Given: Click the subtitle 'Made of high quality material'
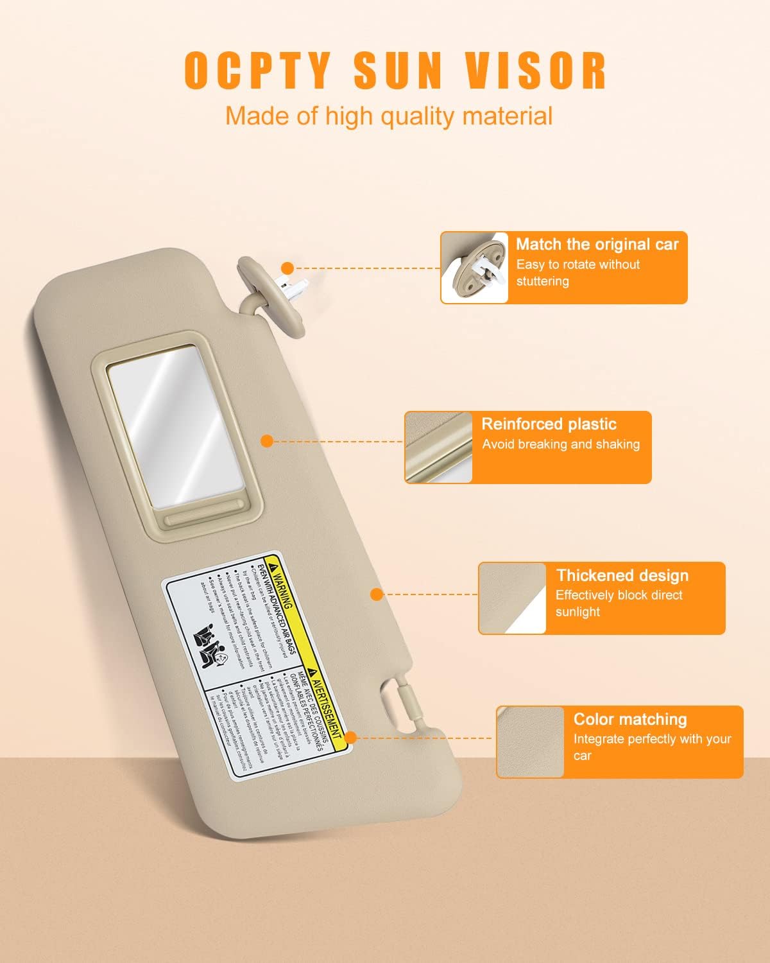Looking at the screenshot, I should pyautogui.click(x=388, y=116).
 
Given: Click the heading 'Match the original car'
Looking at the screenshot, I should pyautogui.click(x=597, y=245).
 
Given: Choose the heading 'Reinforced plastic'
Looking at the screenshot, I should pyautogui.click(x=549, y=424).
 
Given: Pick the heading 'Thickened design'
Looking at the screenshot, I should pyautogui.click(x=622, y=575).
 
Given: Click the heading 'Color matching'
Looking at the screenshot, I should pyautogui.click(x=630, y=719).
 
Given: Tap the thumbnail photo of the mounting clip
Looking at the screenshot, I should pyautogui.click(x=475, y=267).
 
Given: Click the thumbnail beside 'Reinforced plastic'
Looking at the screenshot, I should pyautogui.click(x=439, y=447).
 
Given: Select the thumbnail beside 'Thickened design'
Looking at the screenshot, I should pyautogui.click(x=513, y=598).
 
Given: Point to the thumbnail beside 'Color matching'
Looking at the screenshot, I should pyautogui.click(x=530, y=742).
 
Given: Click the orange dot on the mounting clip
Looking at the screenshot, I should pyautogui.click(x=287, y=268).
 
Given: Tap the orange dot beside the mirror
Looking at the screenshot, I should pyautogui.click(x=268, y=440).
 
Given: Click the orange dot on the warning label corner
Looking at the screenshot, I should pyautogui.click(x=350, y=738).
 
